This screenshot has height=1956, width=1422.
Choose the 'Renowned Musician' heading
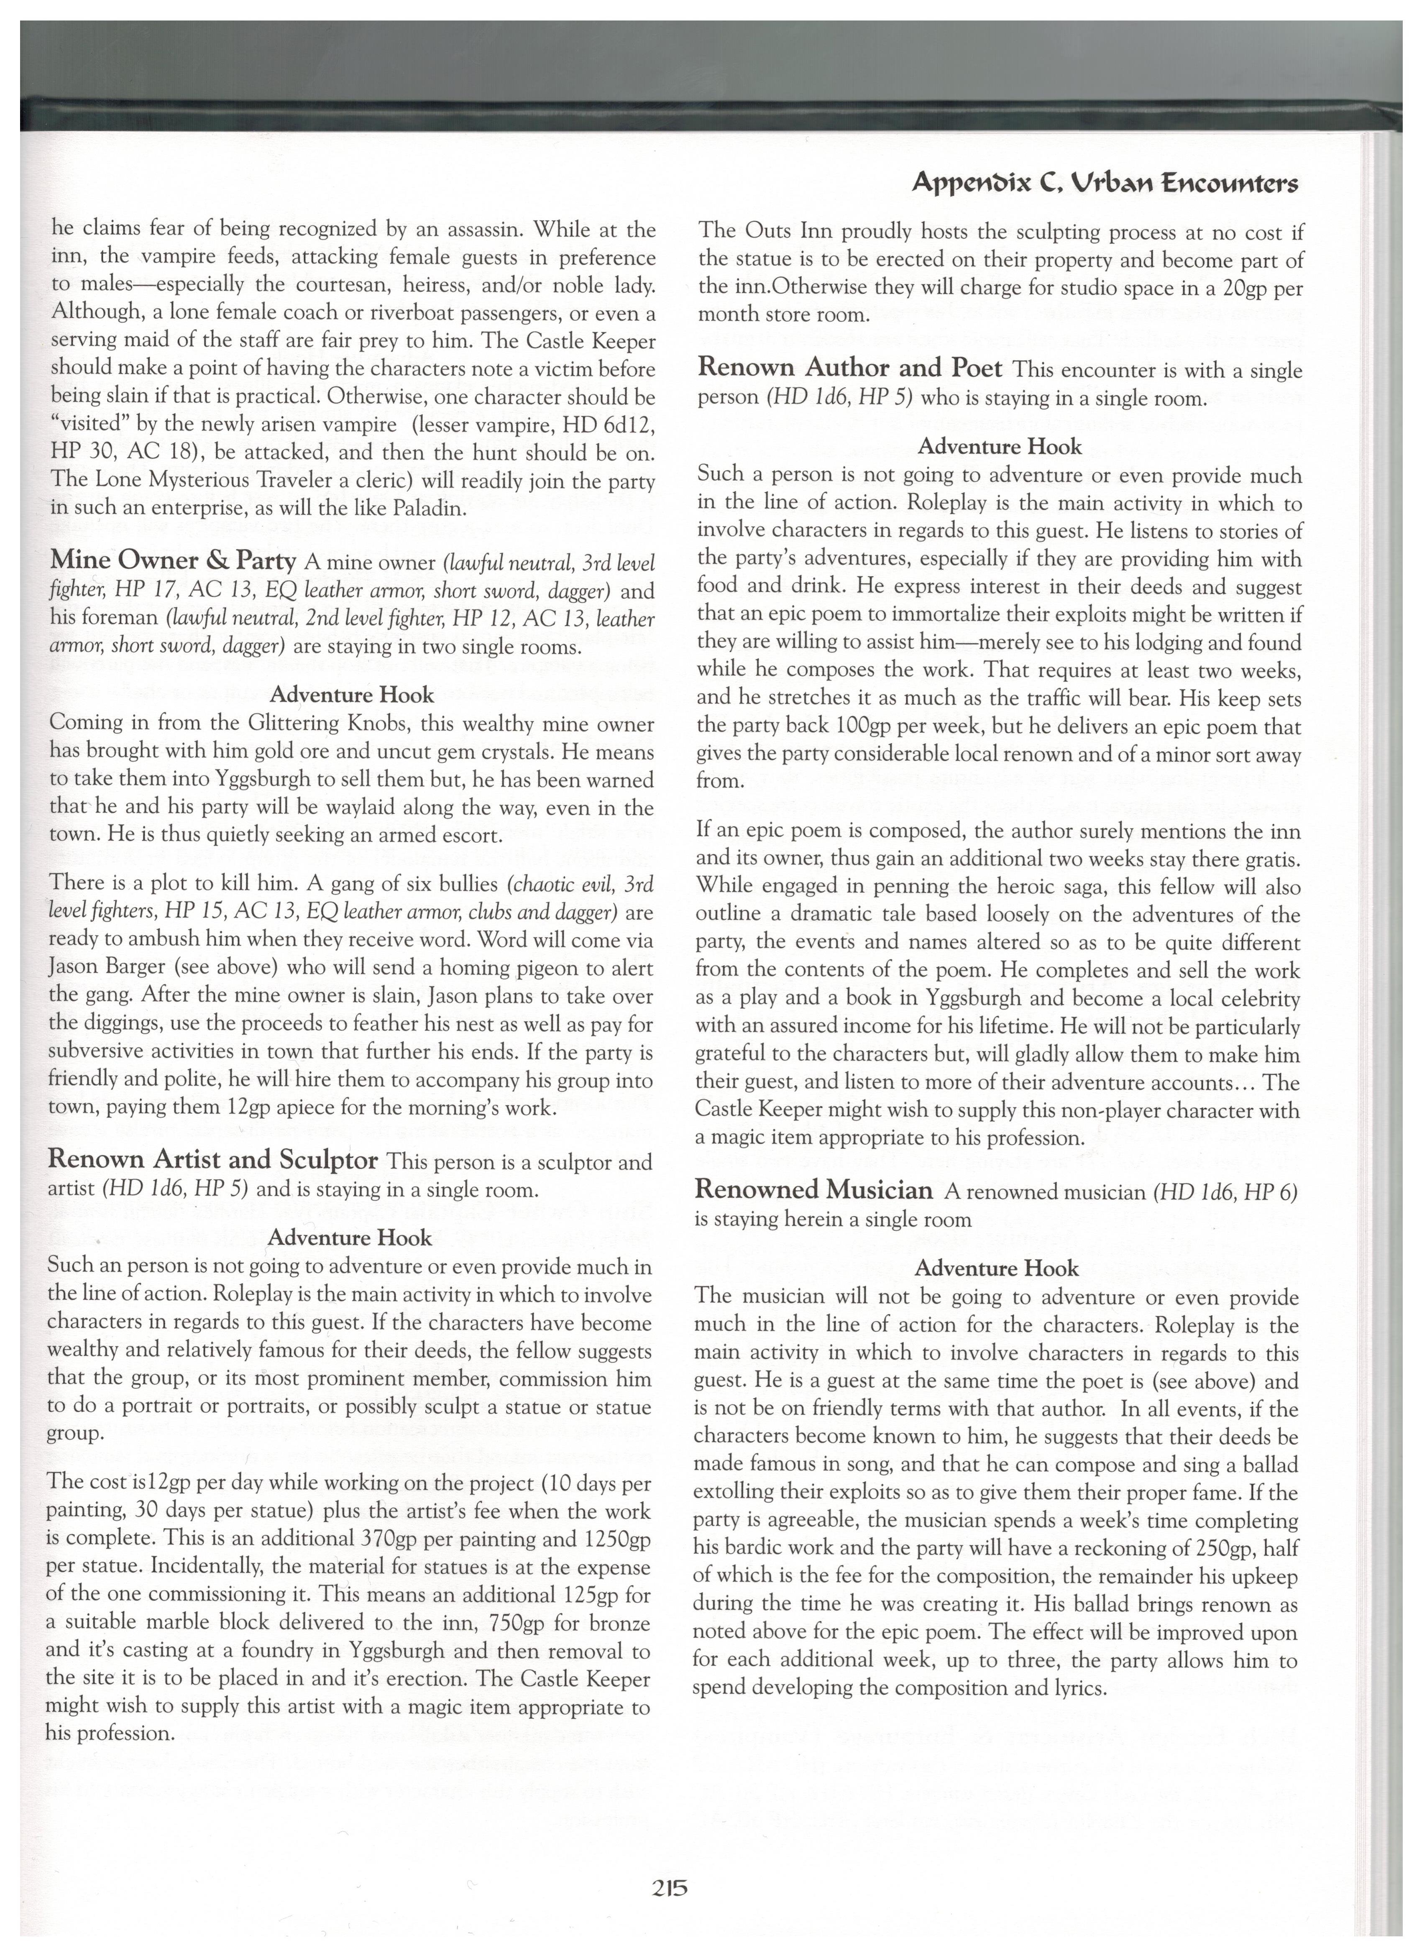coord(813,1190)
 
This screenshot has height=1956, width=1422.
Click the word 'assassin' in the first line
coord(483,230)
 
